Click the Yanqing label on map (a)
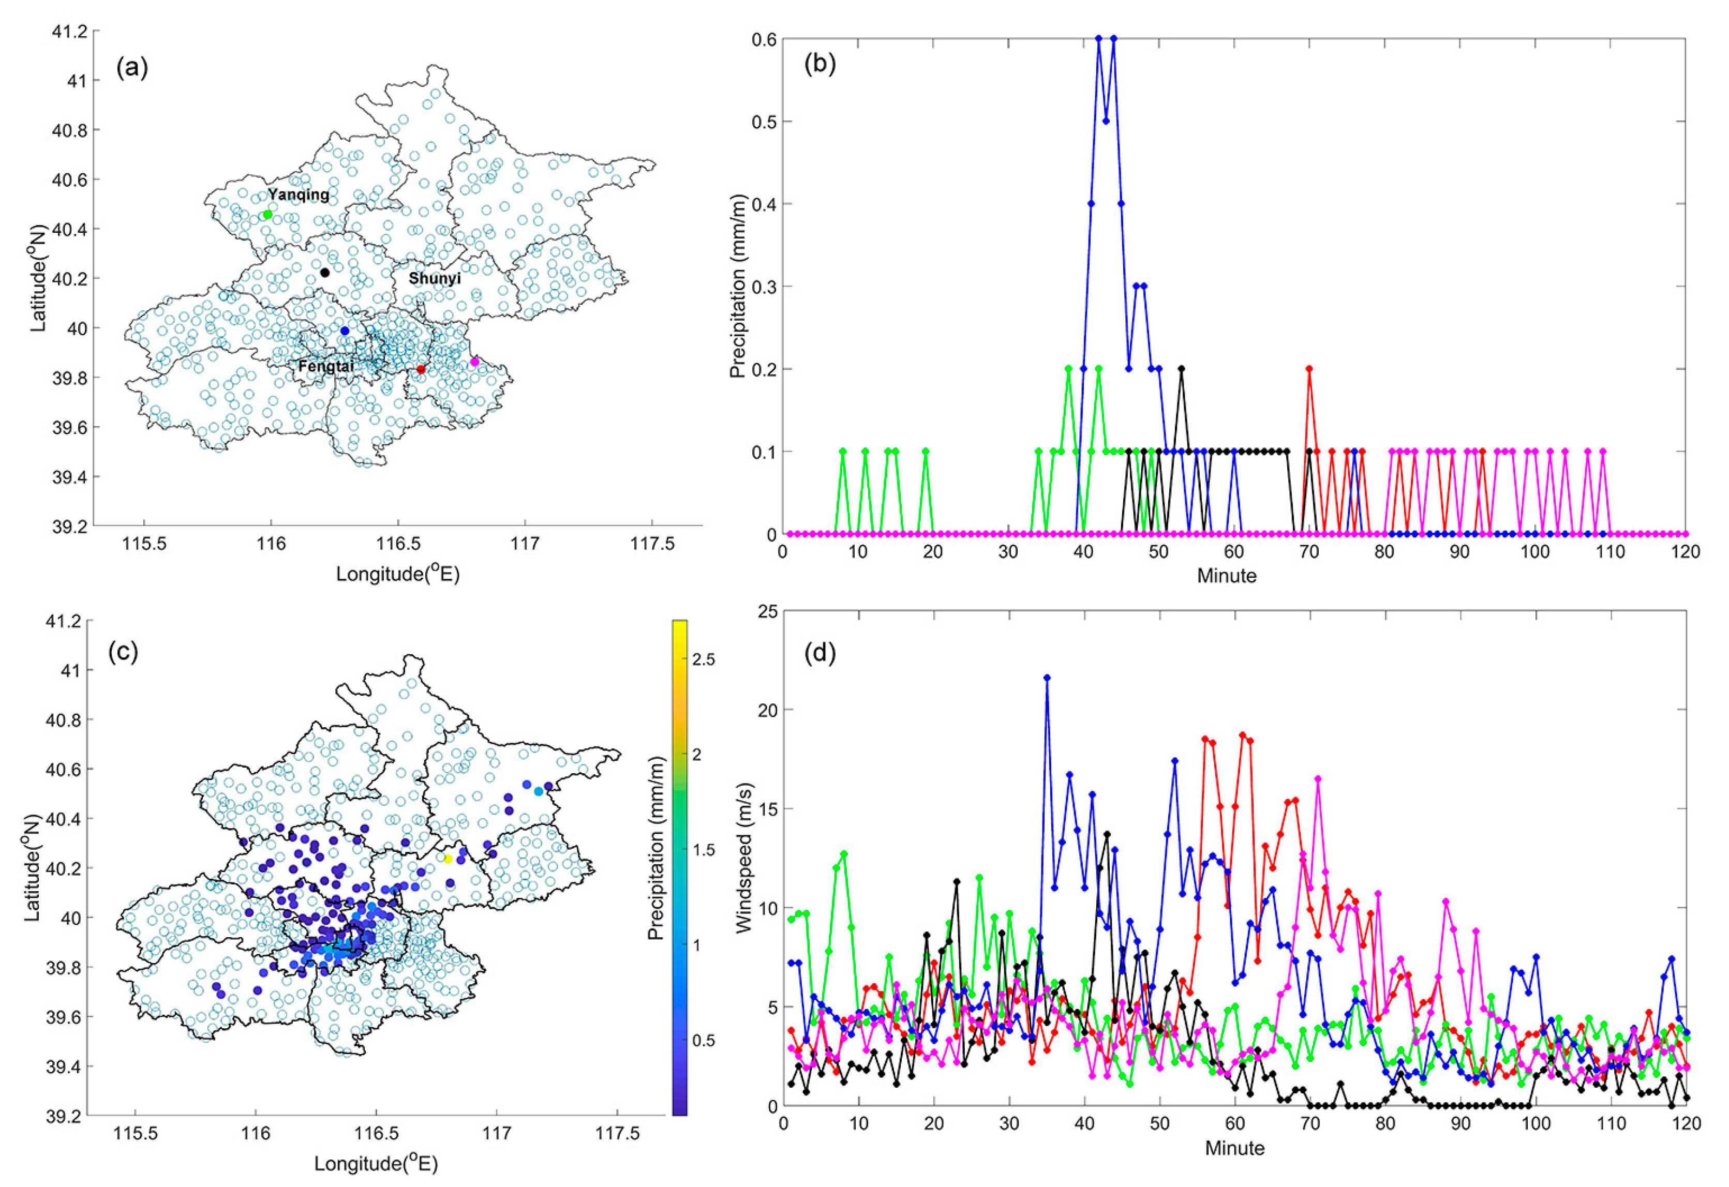click(299, 195)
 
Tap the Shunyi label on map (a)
click(435, 278)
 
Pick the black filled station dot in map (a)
click(324, 273)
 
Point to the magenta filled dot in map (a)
click(474, 362)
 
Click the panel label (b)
click(820, 65)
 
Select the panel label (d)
click(820, 653)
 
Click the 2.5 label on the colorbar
click(704, 659)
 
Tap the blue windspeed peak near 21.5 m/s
click(1047, 678)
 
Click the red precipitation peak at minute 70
click(1309, 369)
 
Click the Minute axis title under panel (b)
click(1227, 576)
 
